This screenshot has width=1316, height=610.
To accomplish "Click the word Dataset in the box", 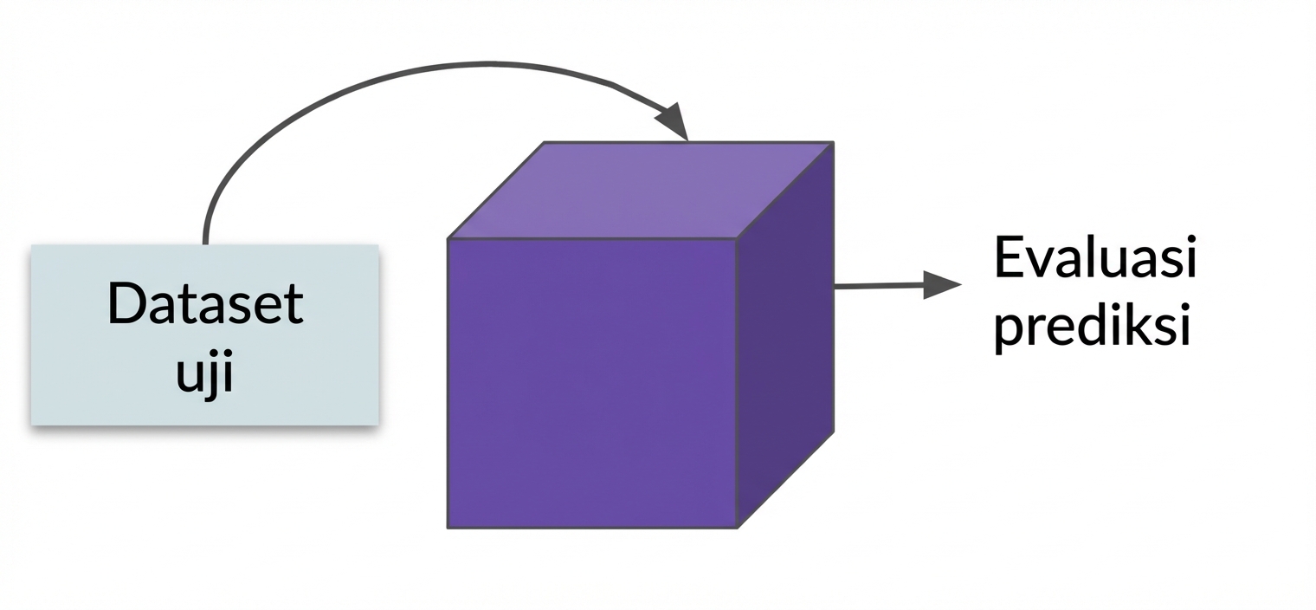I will point(205,304).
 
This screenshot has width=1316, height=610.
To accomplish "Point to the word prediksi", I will point(1092,328).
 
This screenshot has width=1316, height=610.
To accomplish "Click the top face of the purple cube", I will point(641,190).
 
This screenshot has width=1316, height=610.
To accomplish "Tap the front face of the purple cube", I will point(591,382).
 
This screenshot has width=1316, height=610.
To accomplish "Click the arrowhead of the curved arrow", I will point(674,120).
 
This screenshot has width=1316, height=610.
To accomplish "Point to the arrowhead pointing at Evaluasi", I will point(942,284).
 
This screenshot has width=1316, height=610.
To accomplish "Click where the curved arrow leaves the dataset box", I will point(205,242).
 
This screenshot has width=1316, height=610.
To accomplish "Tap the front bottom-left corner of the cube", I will point(448,526).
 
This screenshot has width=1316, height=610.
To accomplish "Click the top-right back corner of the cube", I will point(833,142).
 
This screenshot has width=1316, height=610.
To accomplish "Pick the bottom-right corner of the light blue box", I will point(378,424).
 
